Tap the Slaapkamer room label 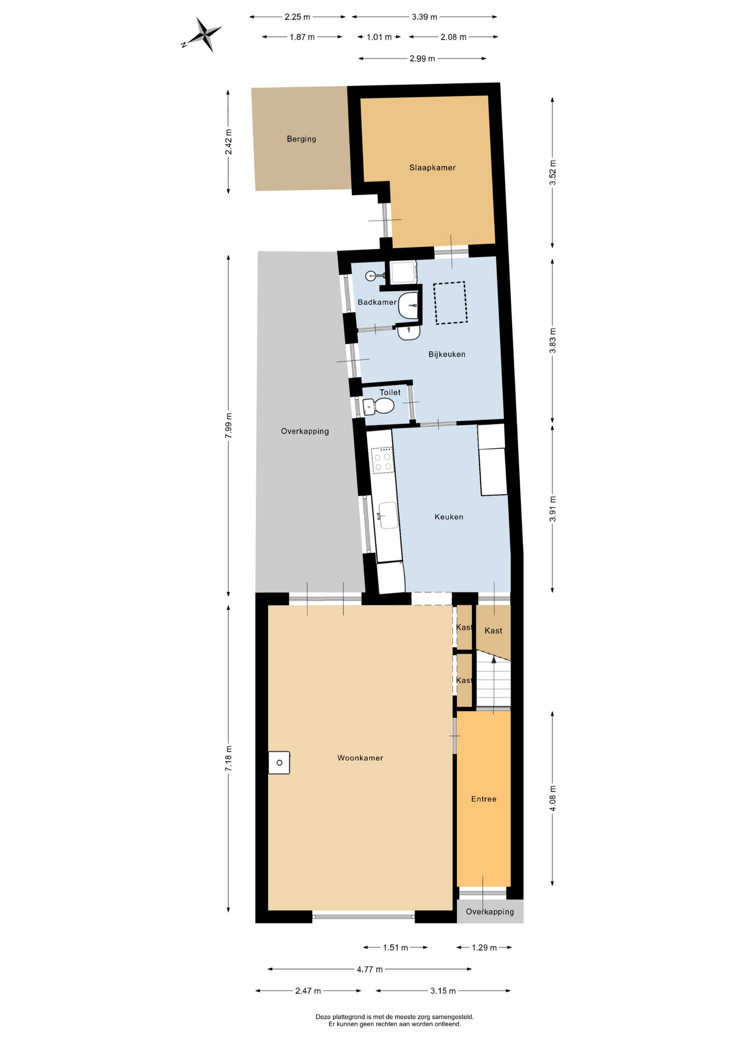point(432,168)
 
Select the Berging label point(301,139)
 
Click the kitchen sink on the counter point(388,515)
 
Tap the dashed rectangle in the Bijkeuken point(450,303)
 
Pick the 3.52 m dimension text point(553,172)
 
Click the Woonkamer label point(360,758)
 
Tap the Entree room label point(483,799)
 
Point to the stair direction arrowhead point(493,659)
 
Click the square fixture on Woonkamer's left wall point(279,762)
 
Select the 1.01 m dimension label point(379,37)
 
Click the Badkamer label point(377,302)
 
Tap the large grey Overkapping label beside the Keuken point(305,432)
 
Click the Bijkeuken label point(447,354)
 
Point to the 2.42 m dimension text point(229,142)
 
